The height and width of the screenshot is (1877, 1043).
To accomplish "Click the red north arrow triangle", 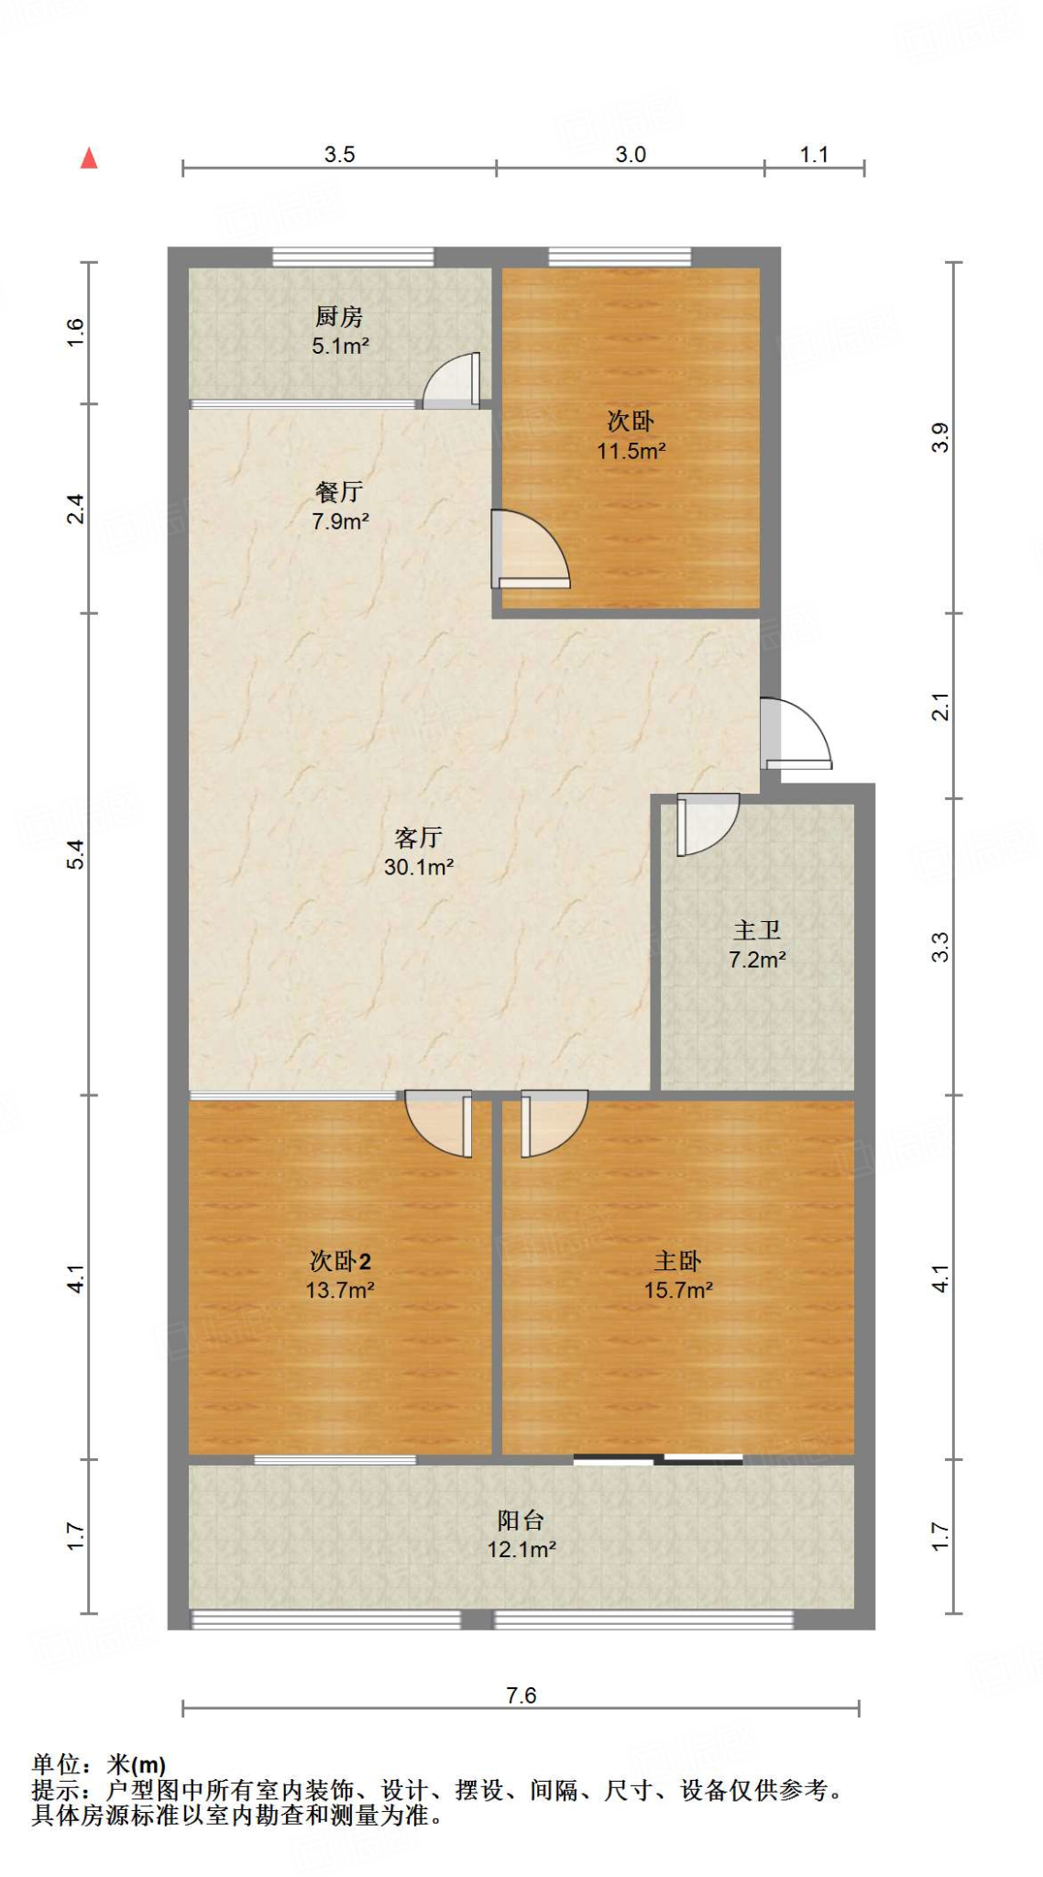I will (x=89, y=159).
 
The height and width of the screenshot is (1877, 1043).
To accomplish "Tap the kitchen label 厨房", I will (x=339, y=317).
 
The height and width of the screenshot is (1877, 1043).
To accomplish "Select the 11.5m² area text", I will (x=631, y=451).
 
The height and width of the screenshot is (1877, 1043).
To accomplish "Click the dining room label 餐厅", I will (x=339, y=492).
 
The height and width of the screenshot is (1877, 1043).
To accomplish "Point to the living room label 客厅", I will (x=418, y=837).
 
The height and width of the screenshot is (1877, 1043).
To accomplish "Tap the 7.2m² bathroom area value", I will (x=757, y=960).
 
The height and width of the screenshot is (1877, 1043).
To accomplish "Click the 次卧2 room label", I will (x=340, y=1261).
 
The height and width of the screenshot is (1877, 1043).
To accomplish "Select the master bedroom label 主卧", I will (x=677, y=1261).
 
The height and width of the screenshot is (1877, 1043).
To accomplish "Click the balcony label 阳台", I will (x=521, y=1520).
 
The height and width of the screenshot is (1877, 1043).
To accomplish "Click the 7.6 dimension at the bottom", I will (x=521, y=1696).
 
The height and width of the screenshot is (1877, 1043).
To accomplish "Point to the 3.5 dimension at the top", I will (x=339, y=154).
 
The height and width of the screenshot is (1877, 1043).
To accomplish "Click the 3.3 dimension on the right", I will (x=940, y=946).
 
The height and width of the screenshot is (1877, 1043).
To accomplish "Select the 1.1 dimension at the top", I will (x=814, y=154).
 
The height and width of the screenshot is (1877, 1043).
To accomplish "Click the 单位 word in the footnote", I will (x=57, y=1763).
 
